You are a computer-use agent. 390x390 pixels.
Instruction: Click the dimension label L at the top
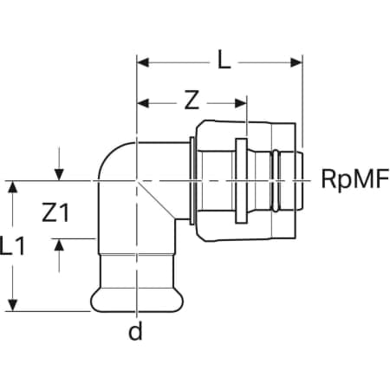click(x=224, y=60)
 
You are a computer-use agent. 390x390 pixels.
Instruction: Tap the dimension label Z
click(x=192, y=100)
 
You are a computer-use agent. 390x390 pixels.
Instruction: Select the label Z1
click(x=55, y=212)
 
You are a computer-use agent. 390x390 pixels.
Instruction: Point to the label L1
click(x=12, y=246)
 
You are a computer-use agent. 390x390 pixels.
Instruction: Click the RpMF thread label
click(x=355, y=179)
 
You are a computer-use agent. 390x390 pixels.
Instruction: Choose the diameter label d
click(x=135, y=331)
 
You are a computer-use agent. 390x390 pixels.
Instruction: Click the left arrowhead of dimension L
click(x=143, y=62)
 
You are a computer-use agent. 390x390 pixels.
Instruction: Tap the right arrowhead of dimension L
click(x=296, y=62)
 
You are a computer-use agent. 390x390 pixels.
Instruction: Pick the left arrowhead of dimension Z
click(x=143, y=103)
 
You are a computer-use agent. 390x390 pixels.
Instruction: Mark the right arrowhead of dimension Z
click(x=241, y=103)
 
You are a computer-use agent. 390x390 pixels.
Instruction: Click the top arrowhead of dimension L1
click(x=12, y=187)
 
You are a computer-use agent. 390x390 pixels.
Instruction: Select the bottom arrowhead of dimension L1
click(x=12, y=306)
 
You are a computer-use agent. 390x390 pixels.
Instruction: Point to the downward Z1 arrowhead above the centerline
click(x=59, y=175)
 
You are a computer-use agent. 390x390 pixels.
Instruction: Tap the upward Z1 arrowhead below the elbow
click(x=59, y=244)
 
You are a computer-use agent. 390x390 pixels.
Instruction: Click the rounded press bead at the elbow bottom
click(x=137, y=301)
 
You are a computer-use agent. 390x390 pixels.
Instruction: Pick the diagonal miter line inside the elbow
click(x=156, y=199)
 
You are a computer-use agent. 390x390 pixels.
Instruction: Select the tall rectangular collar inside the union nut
click(x=241, y=181)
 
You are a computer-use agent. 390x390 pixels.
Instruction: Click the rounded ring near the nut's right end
click(x=276, y=180)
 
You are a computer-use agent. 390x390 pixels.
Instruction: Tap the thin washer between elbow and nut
click(x=192, y=181)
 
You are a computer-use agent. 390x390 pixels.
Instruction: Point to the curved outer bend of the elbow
click(x=109, y=153)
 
